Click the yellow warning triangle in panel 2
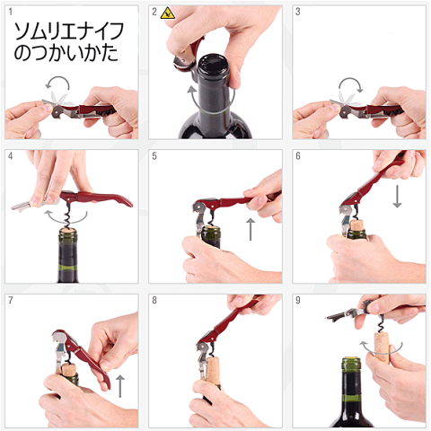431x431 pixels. pyautogui.click(x=167, y=13)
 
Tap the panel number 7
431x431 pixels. pyautogui.click(x=11, y=300)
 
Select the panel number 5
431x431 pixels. pyautogui.click(x=154, y=156)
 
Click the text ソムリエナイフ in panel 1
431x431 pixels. pyautogui.click(x=69, y=31)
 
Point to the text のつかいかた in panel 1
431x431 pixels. pyautogui.click(x=66, y=53)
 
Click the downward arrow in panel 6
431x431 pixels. pyautogui.click(x=397, y=197)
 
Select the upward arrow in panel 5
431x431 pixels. pyautogui.click(x=251, y=229)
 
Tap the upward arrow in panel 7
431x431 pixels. pyautogui.click(x=119, y=386)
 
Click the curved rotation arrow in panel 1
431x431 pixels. pyautogui.click(x=57, y=80)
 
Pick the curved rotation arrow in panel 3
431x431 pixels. pyautogui.click(x=351, y=81)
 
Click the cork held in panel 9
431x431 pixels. pyautogui.click(x=382, y=347)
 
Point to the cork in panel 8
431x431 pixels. pyautogui.click(x=213, y=370)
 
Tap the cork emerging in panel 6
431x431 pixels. pyautogui.click(x=356, y=225)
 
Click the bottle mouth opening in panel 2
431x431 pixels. pyautogui.click(x=213, y=64)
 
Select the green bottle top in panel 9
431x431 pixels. pyautogui.click(x=351, y=365)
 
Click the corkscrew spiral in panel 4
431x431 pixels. pyautogui.click(x=68, y=215)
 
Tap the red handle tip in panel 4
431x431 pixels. pyautogui.click(x=128, y=204)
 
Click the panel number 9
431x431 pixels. pyautogui.click(x=298, y=300)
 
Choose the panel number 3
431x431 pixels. pyautogui.click(x=298, y=12)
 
